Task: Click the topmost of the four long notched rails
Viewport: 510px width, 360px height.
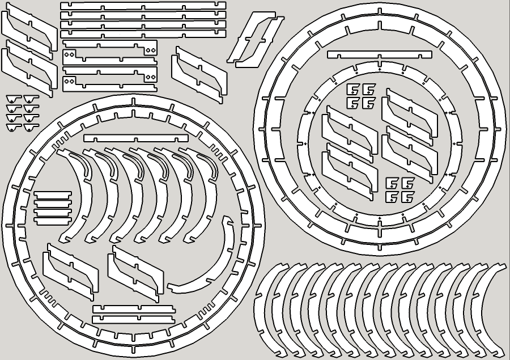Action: (x=143, y=5)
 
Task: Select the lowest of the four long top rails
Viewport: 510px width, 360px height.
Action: (x=143, y=33)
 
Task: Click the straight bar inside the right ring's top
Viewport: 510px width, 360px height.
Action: (x=379, y=54)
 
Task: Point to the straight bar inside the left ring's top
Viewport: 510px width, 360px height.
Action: (x=136, y=138)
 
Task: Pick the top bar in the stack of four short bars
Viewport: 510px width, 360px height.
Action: (x=53, y=194)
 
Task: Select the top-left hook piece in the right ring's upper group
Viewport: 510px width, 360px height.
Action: (x=352, y=90)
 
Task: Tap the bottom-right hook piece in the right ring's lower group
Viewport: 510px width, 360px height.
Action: (x=407, y=197)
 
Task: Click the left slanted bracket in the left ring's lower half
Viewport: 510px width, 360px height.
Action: (x=71, y=272)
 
